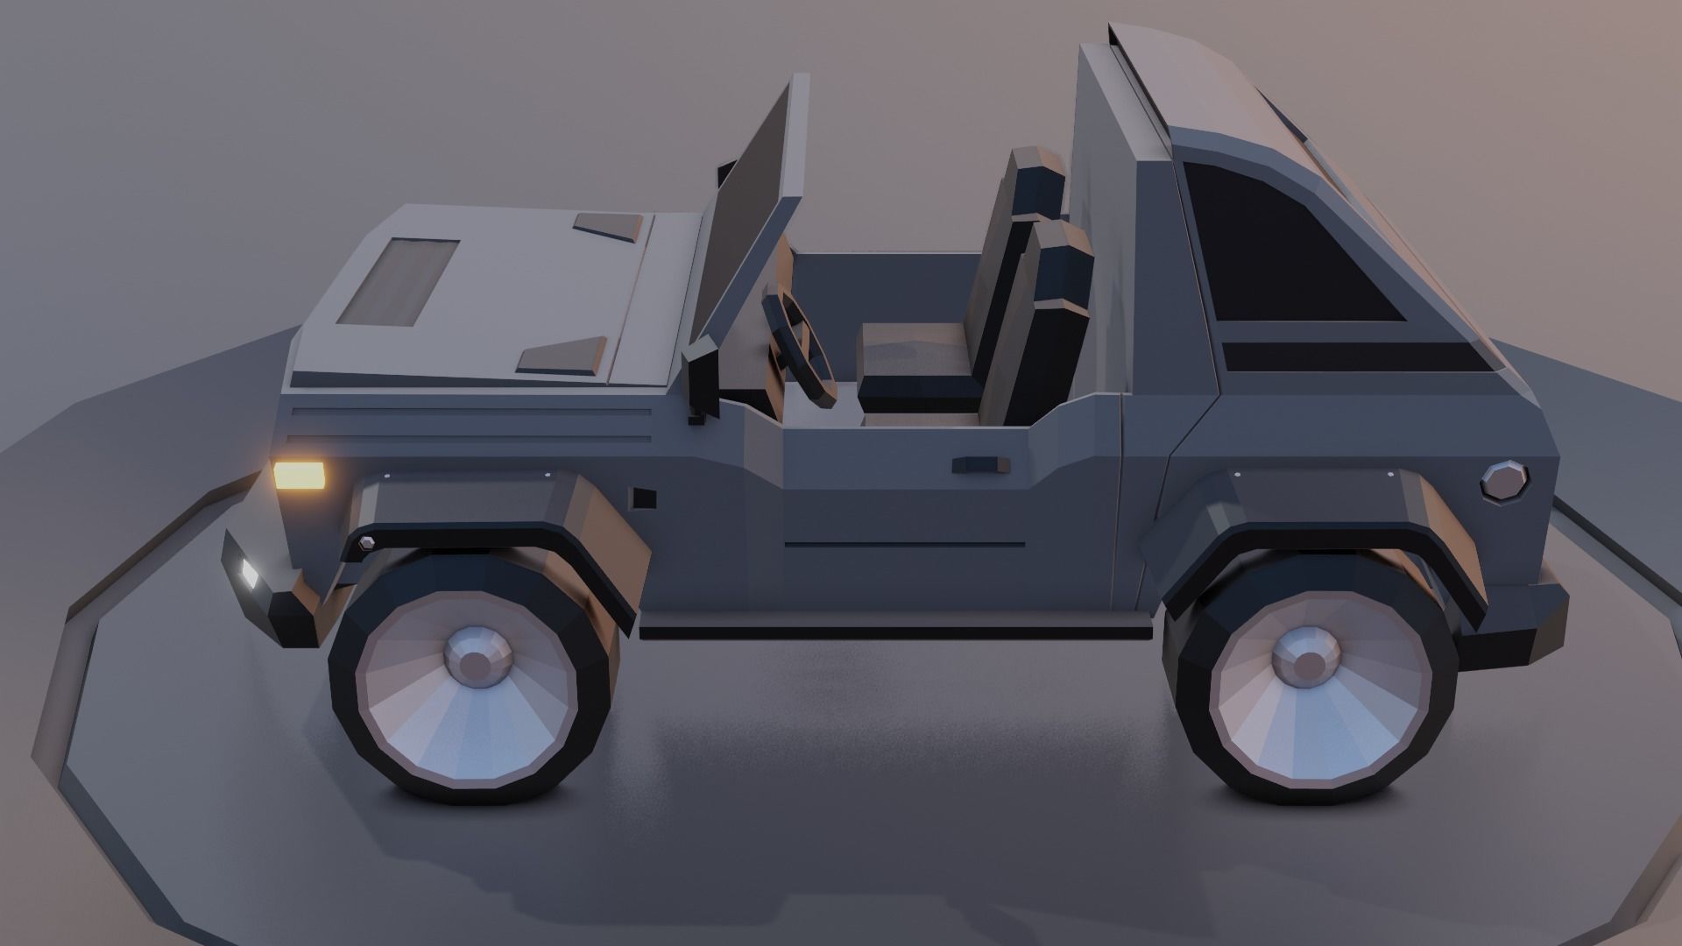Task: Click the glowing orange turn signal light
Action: tap(300, 476)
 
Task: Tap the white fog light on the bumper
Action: tap(250, 573)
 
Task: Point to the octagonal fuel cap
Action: tap(1505, 481)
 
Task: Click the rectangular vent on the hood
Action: tap(399, 281)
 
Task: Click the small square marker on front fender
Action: tap(645, 498)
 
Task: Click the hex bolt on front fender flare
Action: tap(366, 543)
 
